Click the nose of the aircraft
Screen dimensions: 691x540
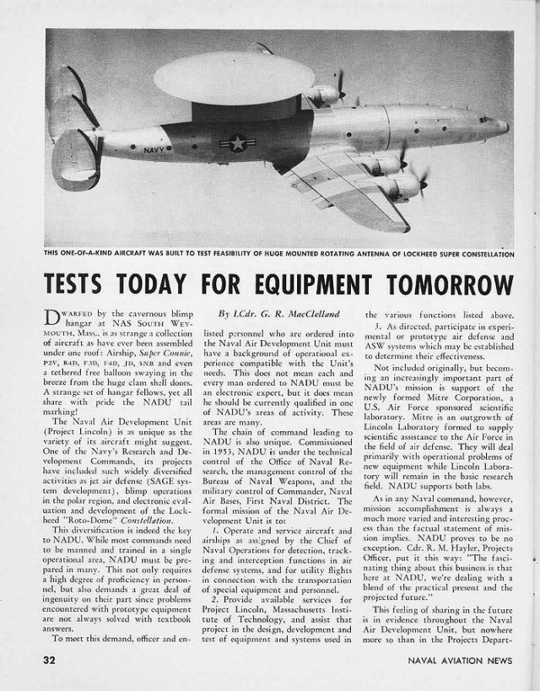pos(505,127)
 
